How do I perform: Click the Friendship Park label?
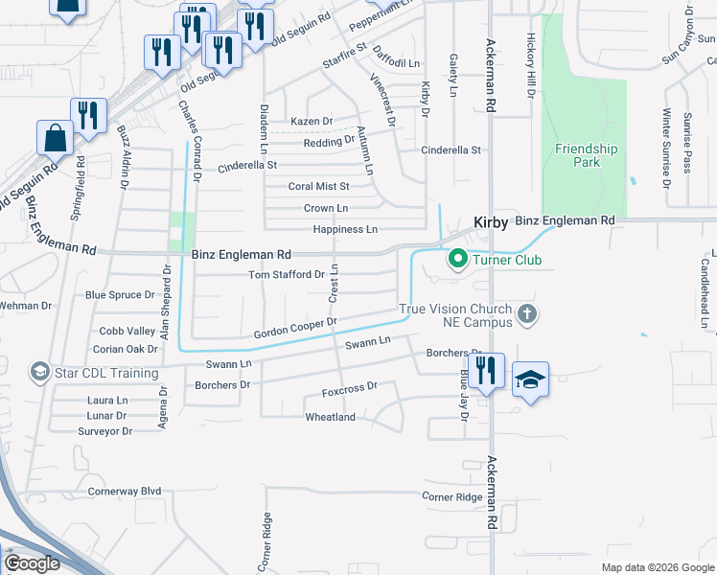pos(587,155)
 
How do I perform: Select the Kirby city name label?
pos(491,221)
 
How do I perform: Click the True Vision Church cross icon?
pos(526,314)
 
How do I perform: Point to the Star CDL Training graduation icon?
pos(39,372)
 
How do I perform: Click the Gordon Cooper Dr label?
pos(295,328)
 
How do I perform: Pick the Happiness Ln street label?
pos(345,230)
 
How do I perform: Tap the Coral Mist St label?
pos(319,186)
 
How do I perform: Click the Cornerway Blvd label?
pos(125,491)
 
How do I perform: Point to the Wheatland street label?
pos(330,417)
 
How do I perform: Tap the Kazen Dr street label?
pos(312,122)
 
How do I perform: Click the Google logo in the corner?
pos(33,563)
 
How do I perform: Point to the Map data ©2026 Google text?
pos(657,567)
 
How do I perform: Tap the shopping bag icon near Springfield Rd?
pos(55,137)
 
